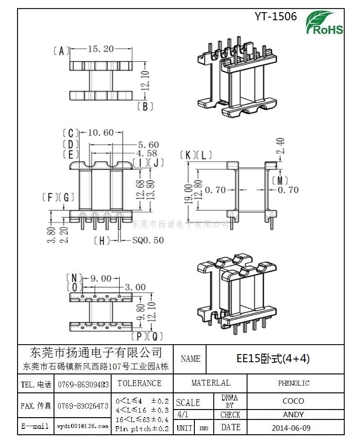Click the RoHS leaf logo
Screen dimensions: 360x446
(324, 23)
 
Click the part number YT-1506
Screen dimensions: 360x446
(275, 17)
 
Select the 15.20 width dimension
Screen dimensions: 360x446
(101, 49)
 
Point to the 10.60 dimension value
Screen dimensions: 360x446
(101, 132)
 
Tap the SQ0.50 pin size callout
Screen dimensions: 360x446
(148, 241)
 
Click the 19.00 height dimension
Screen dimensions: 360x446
(188, 194)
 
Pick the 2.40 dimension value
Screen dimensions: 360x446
(281, 146)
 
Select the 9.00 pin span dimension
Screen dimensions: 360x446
(101, 278)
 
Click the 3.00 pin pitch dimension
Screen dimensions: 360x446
(135, 287)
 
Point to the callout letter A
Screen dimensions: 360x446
(61, 51)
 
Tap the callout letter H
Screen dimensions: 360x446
(102, 241)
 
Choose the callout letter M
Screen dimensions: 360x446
(280, 180)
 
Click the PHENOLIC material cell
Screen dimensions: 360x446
(293, 383)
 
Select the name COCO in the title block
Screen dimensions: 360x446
(293, 401)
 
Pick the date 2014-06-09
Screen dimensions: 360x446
(291, 428)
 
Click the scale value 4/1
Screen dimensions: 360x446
(182, 414)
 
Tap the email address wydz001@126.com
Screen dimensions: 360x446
(82, 426)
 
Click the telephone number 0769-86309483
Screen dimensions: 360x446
(83, 385)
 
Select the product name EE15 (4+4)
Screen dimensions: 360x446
(273, 359)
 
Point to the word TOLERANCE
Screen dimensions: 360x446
(139, 383)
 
